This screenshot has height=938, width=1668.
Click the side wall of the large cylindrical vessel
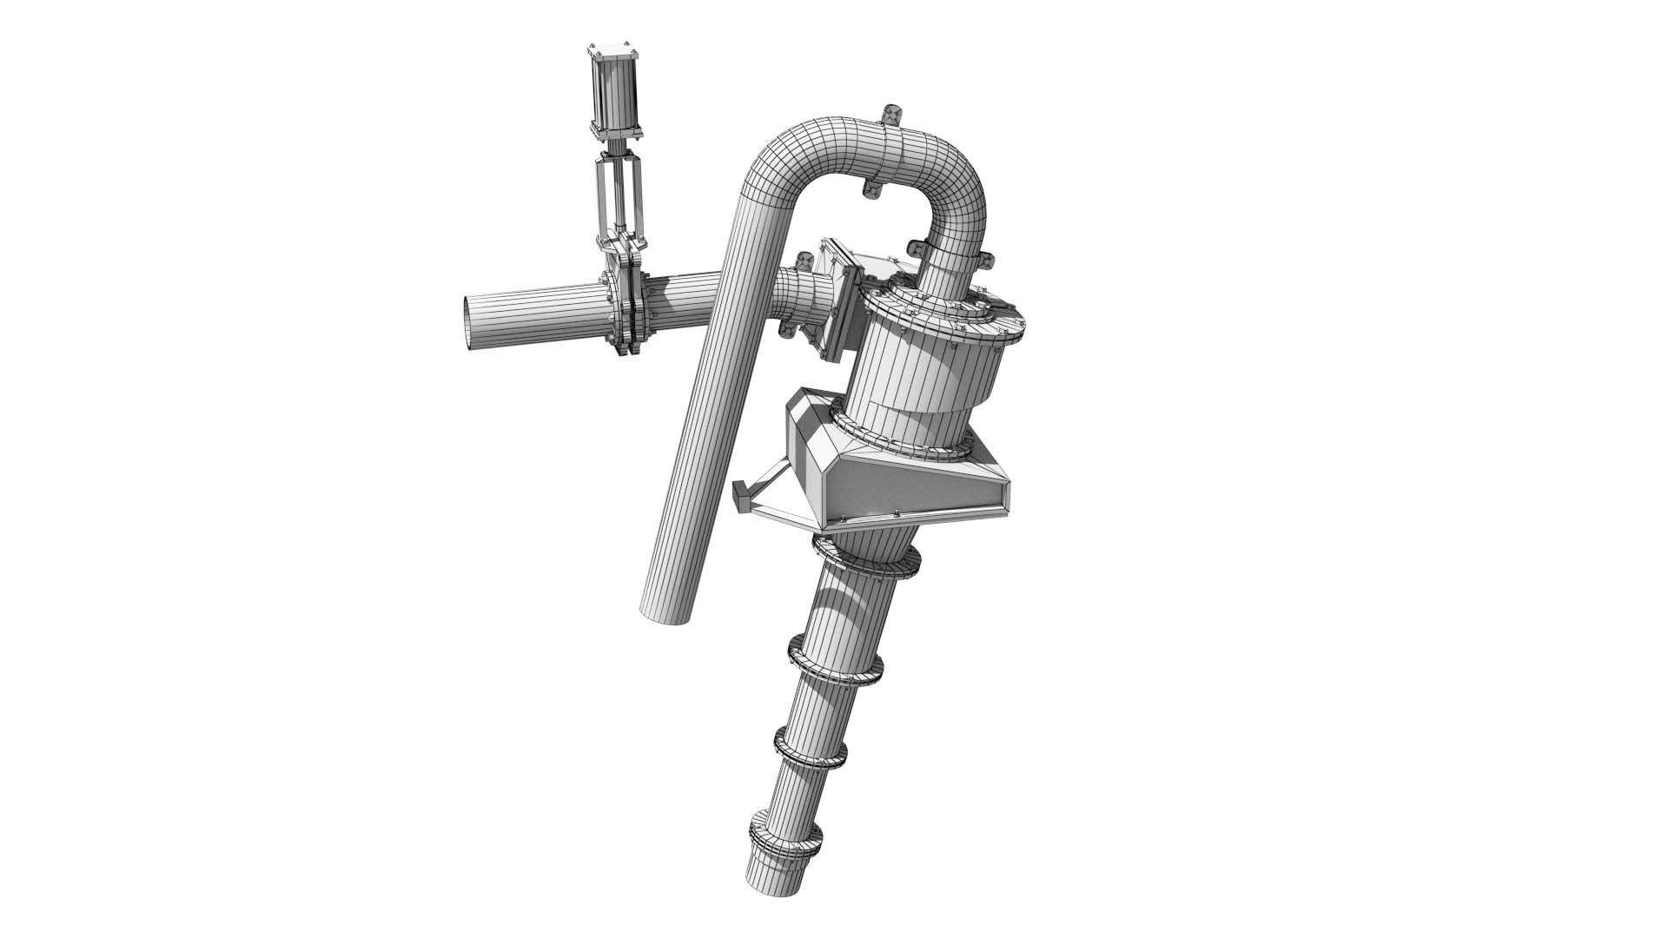pos(921,382)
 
